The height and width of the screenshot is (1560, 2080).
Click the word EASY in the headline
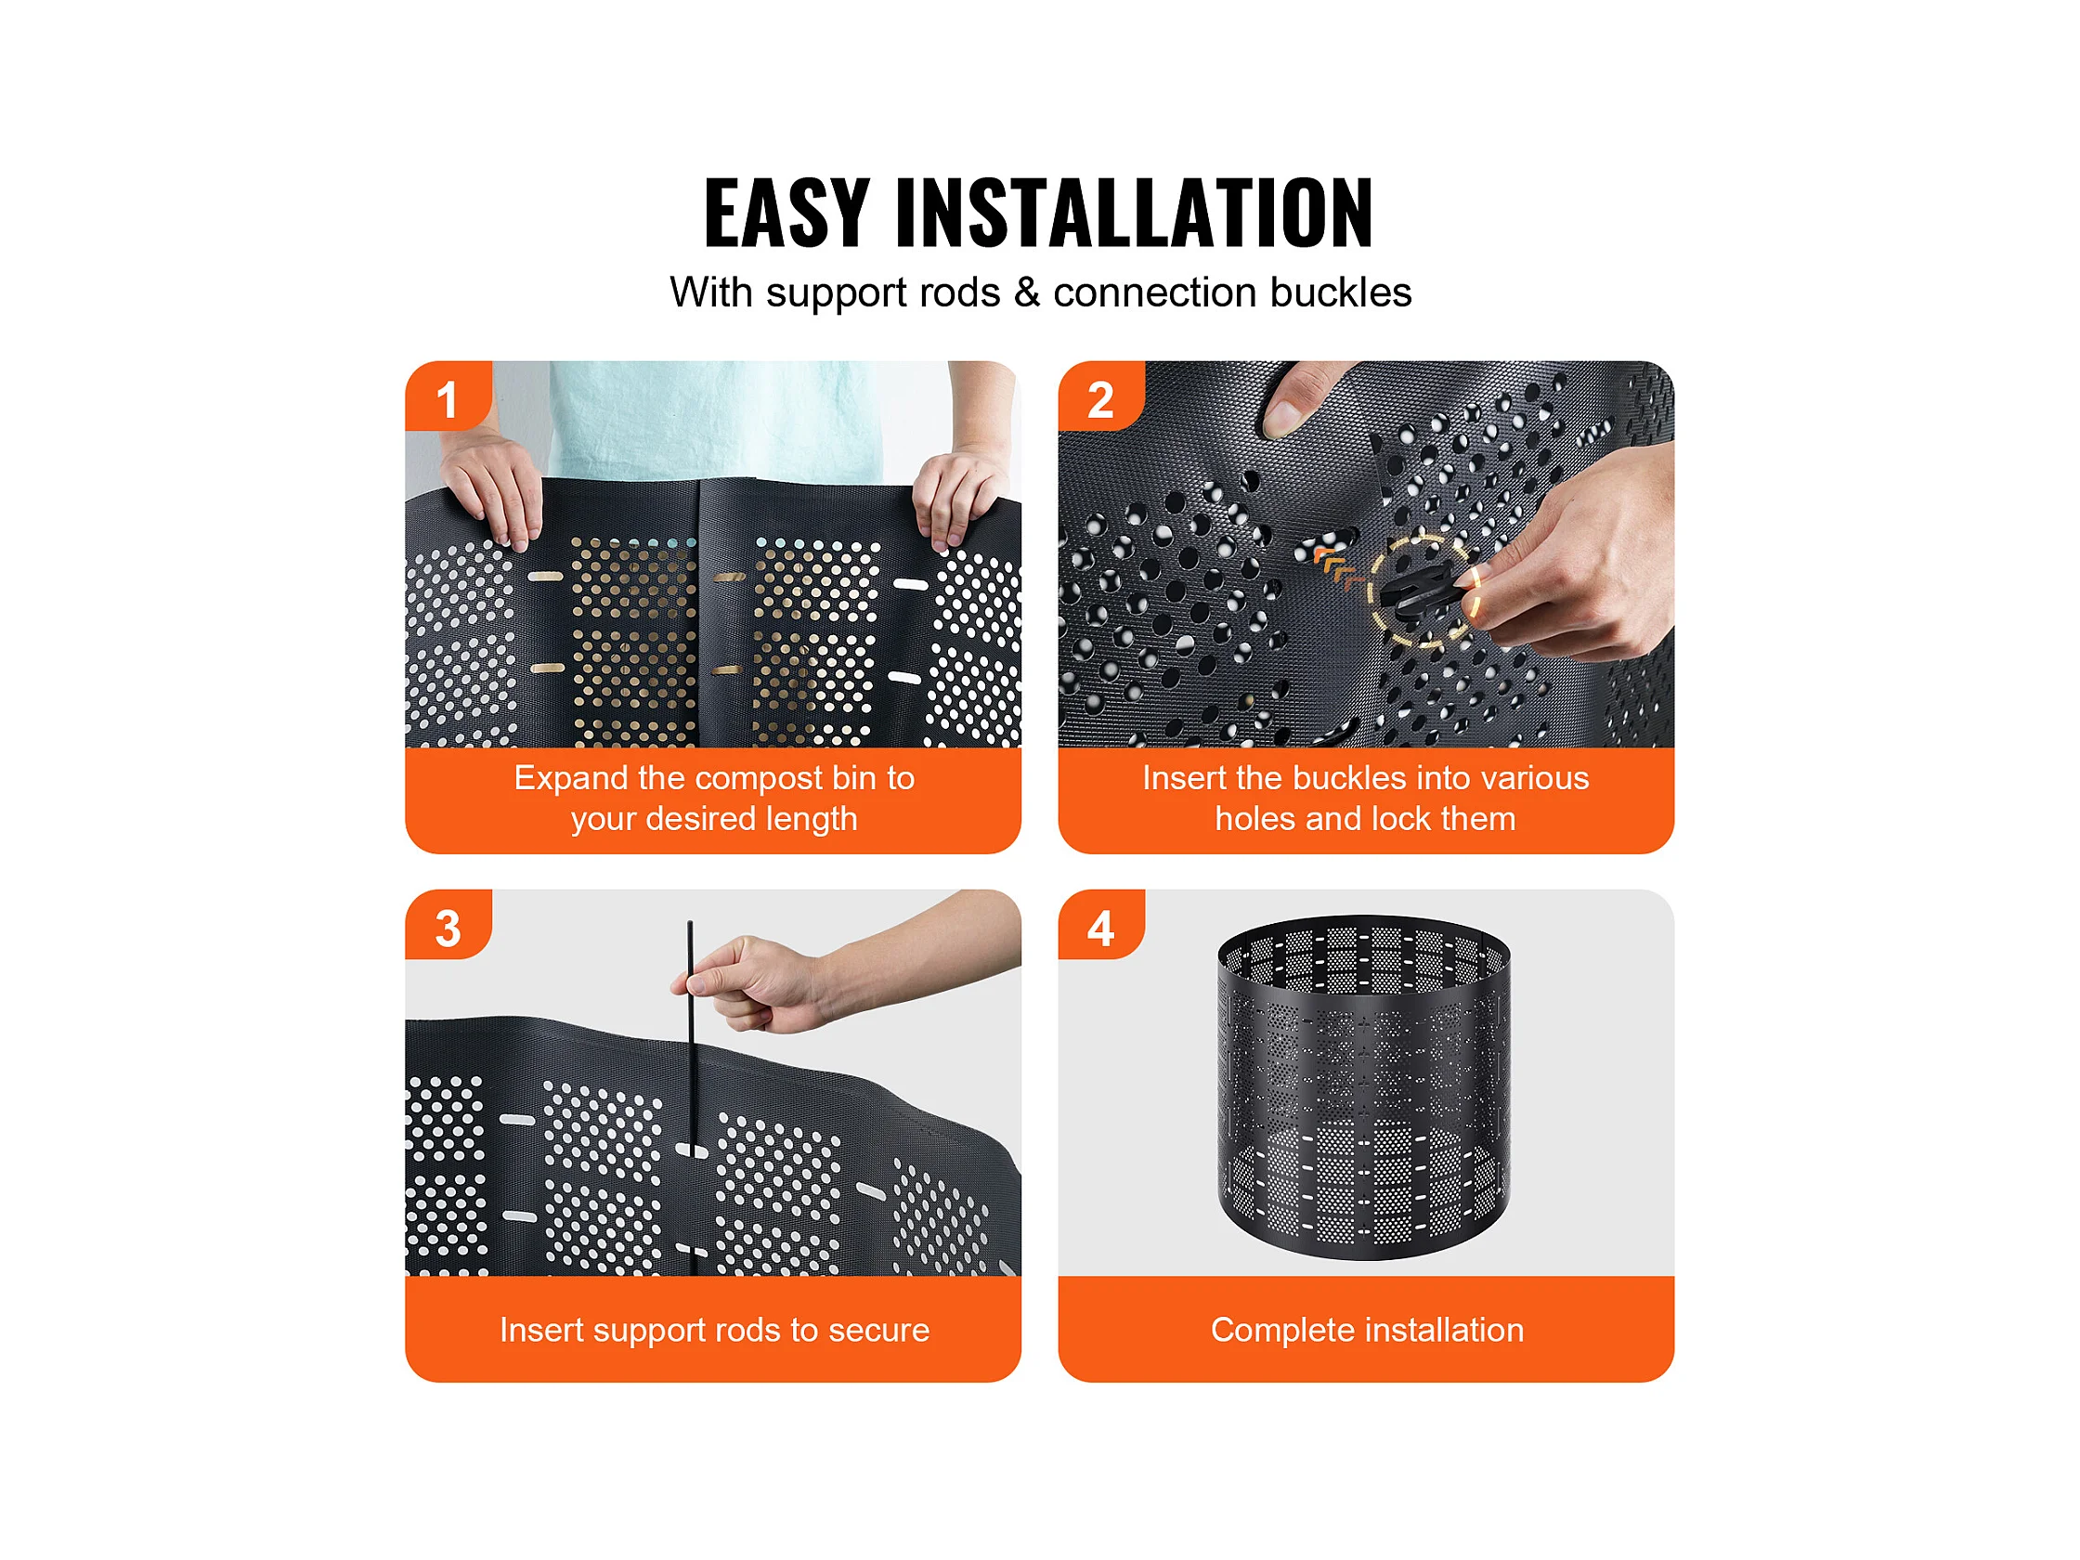pos(786,213)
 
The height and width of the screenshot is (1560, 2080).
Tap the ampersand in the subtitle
pos(1027,292)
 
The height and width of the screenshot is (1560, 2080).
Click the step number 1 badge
pos(448,397)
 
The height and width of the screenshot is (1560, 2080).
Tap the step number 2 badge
pos(1101,397)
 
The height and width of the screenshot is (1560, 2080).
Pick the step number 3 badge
pos(448,926)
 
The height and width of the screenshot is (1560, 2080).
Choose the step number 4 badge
pos(1101,926)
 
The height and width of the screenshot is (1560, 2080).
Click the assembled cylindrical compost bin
pos(1364,1088)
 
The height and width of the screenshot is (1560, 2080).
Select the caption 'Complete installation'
pos(1366,1329)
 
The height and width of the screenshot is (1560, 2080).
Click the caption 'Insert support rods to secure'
pos(714,1329)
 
